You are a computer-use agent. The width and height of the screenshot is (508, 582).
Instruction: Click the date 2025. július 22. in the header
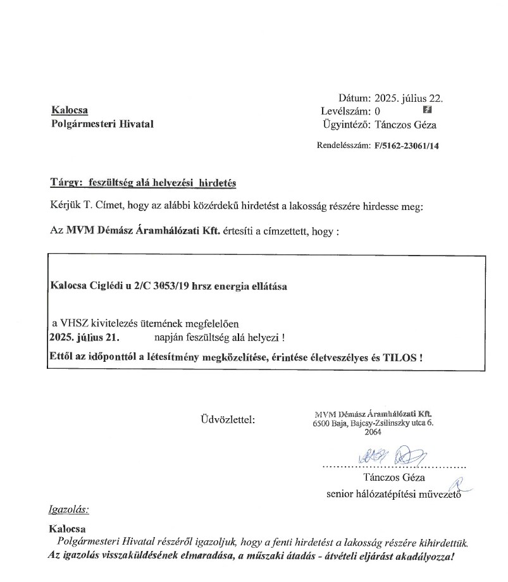(409, 98)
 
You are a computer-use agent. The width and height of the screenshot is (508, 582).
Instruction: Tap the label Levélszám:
(345, 111)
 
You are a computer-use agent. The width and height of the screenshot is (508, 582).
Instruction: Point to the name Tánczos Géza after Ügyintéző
(406, 125)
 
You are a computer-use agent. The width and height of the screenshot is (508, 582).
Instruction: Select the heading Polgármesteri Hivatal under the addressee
(102, 124)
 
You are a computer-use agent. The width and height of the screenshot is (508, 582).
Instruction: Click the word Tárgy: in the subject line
(66, 183)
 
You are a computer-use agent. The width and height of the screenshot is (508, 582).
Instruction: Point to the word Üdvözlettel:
(227, 419)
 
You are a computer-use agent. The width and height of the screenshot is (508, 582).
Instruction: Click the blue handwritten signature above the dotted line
(392, 455)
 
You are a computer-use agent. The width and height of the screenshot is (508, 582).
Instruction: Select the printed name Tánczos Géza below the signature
(394, 477)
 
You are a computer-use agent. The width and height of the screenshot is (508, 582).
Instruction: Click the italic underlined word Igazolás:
(69, 509)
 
